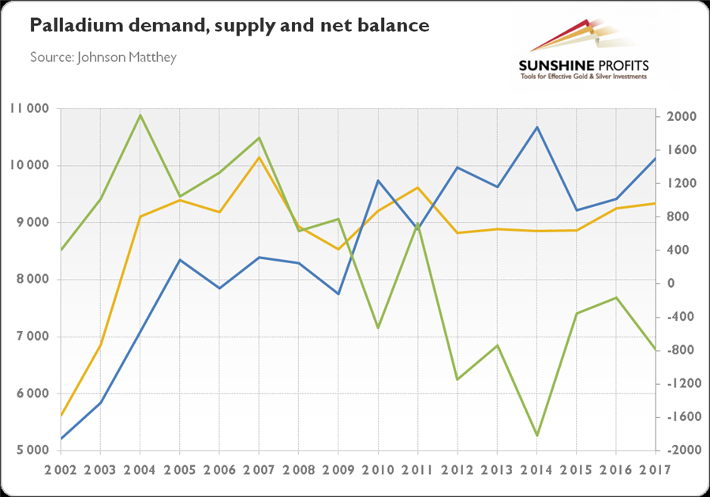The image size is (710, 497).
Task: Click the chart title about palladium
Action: pos(230,26)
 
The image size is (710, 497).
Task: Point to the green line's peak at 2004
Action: pos(140,115)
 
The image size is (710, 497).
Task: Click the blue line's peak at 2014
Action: pos(537,127)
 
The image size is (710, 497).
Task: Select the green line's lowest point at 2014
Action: pos(537,435)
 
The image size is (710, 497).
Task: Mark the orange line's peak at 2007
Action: pos(259,157)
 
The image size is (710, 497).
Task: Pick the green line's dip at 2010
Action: pos(378,327)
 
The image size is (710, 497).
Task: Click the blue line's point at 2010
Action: pos(378,181)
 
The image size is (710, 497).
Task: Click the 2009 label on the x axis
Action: pos(338,469)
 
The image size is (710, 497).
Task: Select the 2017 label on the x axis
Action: pos(654,469)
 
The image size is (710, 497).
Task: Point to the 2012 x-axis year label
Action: pos(457,469)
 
